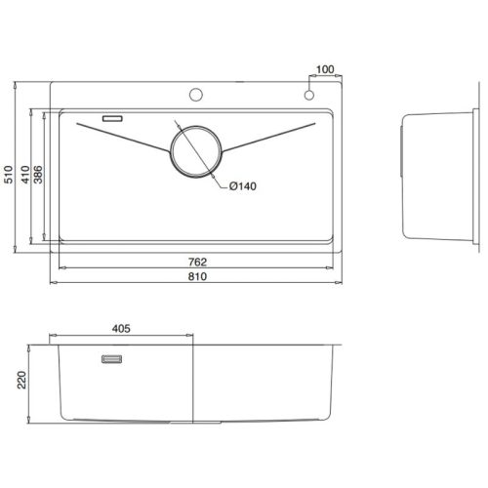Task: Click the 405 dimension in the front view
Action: tap(122, 329)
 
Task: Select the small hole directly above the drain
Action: tap(195, 96)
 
